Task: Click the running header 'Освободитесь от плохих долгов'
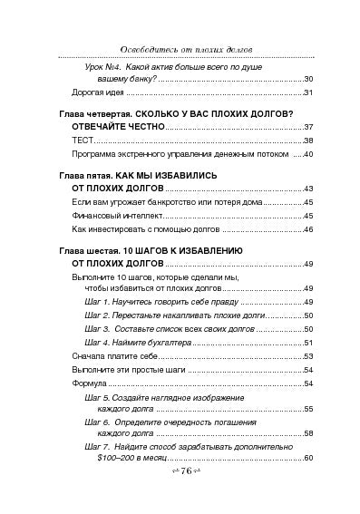coord(179,48)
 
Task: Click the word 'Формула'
coord(88,383)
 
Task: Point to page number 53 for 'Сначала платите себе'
coord(307,356)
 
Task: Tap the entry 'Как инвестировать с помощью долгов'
coord(141,231)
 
